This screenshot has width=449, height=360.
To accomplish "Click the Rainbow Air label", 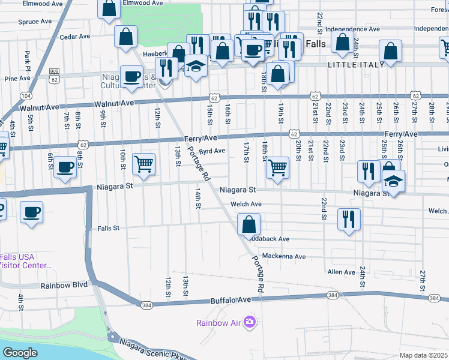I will [219, 323].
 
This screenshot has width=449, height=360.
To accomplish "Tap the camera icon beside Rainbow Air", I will [250, 323].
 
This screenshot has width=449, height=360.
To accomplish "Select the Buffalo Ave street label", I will [230, 300].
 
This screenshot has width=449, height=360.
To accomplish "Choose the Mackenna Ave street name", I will [283, 257].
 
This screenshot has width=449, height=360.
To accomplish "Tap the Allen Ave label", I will [341, 272].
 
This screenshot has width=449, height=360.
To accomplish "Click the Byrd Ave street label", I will [212, 151].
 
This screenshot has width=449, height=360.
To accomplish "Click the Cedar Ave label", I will [74, 37].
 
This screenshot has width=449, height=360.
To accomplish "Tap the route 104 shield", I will [26, 95].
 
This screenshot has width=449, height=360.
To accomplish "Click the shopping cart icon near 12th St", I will [143, 163].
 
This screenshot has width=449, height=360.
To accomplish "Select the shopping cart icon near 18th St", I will [277, 167].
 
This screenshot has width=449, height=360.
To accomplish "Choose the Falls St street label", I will [109, 228].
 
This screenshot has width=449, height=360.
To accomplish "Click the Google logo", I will [20, 353].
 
